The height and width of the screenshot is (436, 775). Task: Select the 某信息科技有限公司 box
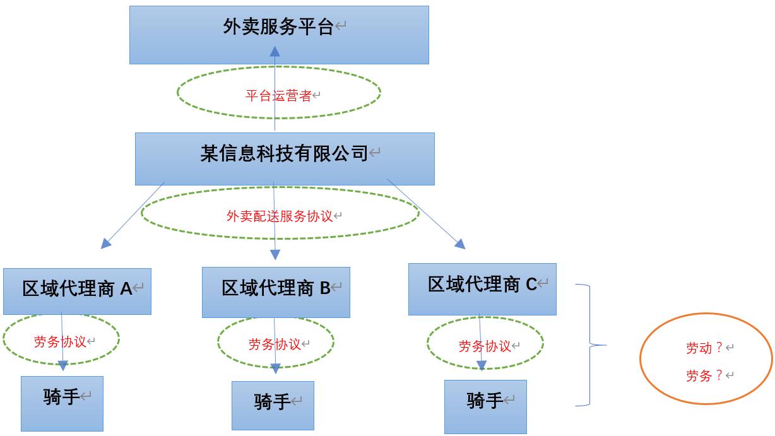pyautogui.click(x=285, y=158)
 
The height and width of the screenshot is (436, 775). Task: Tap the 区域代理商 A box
pyautogui.click(x=77, y=291)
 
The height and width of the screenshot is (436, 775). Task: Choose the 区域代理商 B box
pyautogui.click(x=276, y=292)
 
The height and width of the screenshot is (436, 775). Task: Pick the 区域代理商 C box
pyautogui.click(x=482, y=288)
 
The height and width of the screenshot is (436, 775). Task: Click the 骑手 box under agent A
pyautogui.click(x=62, y=403)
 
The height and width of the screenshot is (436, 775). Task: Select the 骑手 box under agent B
pyautogui.click(x=273, y=405)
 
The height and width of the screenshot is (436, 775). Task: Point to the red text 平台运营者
pyautogui.click(x=278, y=96)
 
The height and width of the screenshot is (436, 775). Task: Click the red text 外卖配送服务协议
pyautogui.click(x=280, y=216)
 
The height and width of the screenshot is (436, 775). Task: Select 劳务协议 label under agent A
pyautogui.click(x=60, y=342)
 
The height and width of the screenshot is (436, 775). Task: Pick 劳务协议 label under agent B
pyautogui.click(x=275, y=344)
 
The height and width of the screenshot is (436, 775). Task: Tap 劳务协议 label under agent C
pyautogui.click(x=485, y=346)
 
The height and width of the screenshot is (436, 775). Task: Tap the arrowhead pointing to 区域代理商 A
pyautogui.click(x=106, y=244)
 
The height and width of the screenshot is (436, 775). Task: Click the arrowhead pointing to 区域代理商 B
pyautogui.click(x=275, y=254)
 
